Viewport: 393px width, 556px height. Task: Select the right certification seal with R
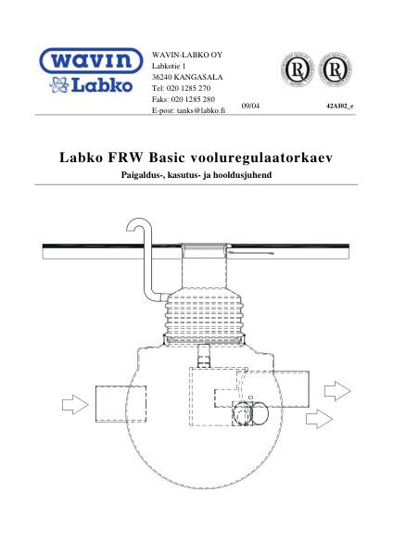[336, 70]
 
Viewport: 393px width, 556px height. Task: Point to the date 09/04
[249, 107]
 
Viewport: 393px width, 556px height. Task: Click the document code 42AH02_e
[341, 107]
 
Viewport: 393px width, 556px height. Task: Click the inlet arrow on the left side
[71, 404]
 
